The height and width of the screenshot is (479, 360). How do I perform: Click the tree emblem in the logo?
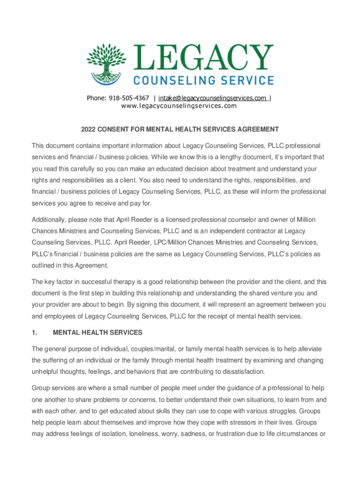pyautogui.click(x=107, y=64)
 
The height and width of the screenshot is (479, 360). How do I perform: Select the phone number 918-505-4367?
pyautogui.click(x=129, y=98)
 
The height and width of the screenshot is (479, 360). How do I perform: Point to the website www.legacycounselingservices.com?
pyautogui.click(x=179, y=106)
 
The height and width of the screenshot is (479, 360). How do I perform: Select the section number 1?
pyautogui.click(x=34, y=333)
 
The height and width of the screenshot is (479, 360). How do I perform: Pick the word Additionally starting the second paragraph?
pyautogui.click(x=50, y=219)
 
